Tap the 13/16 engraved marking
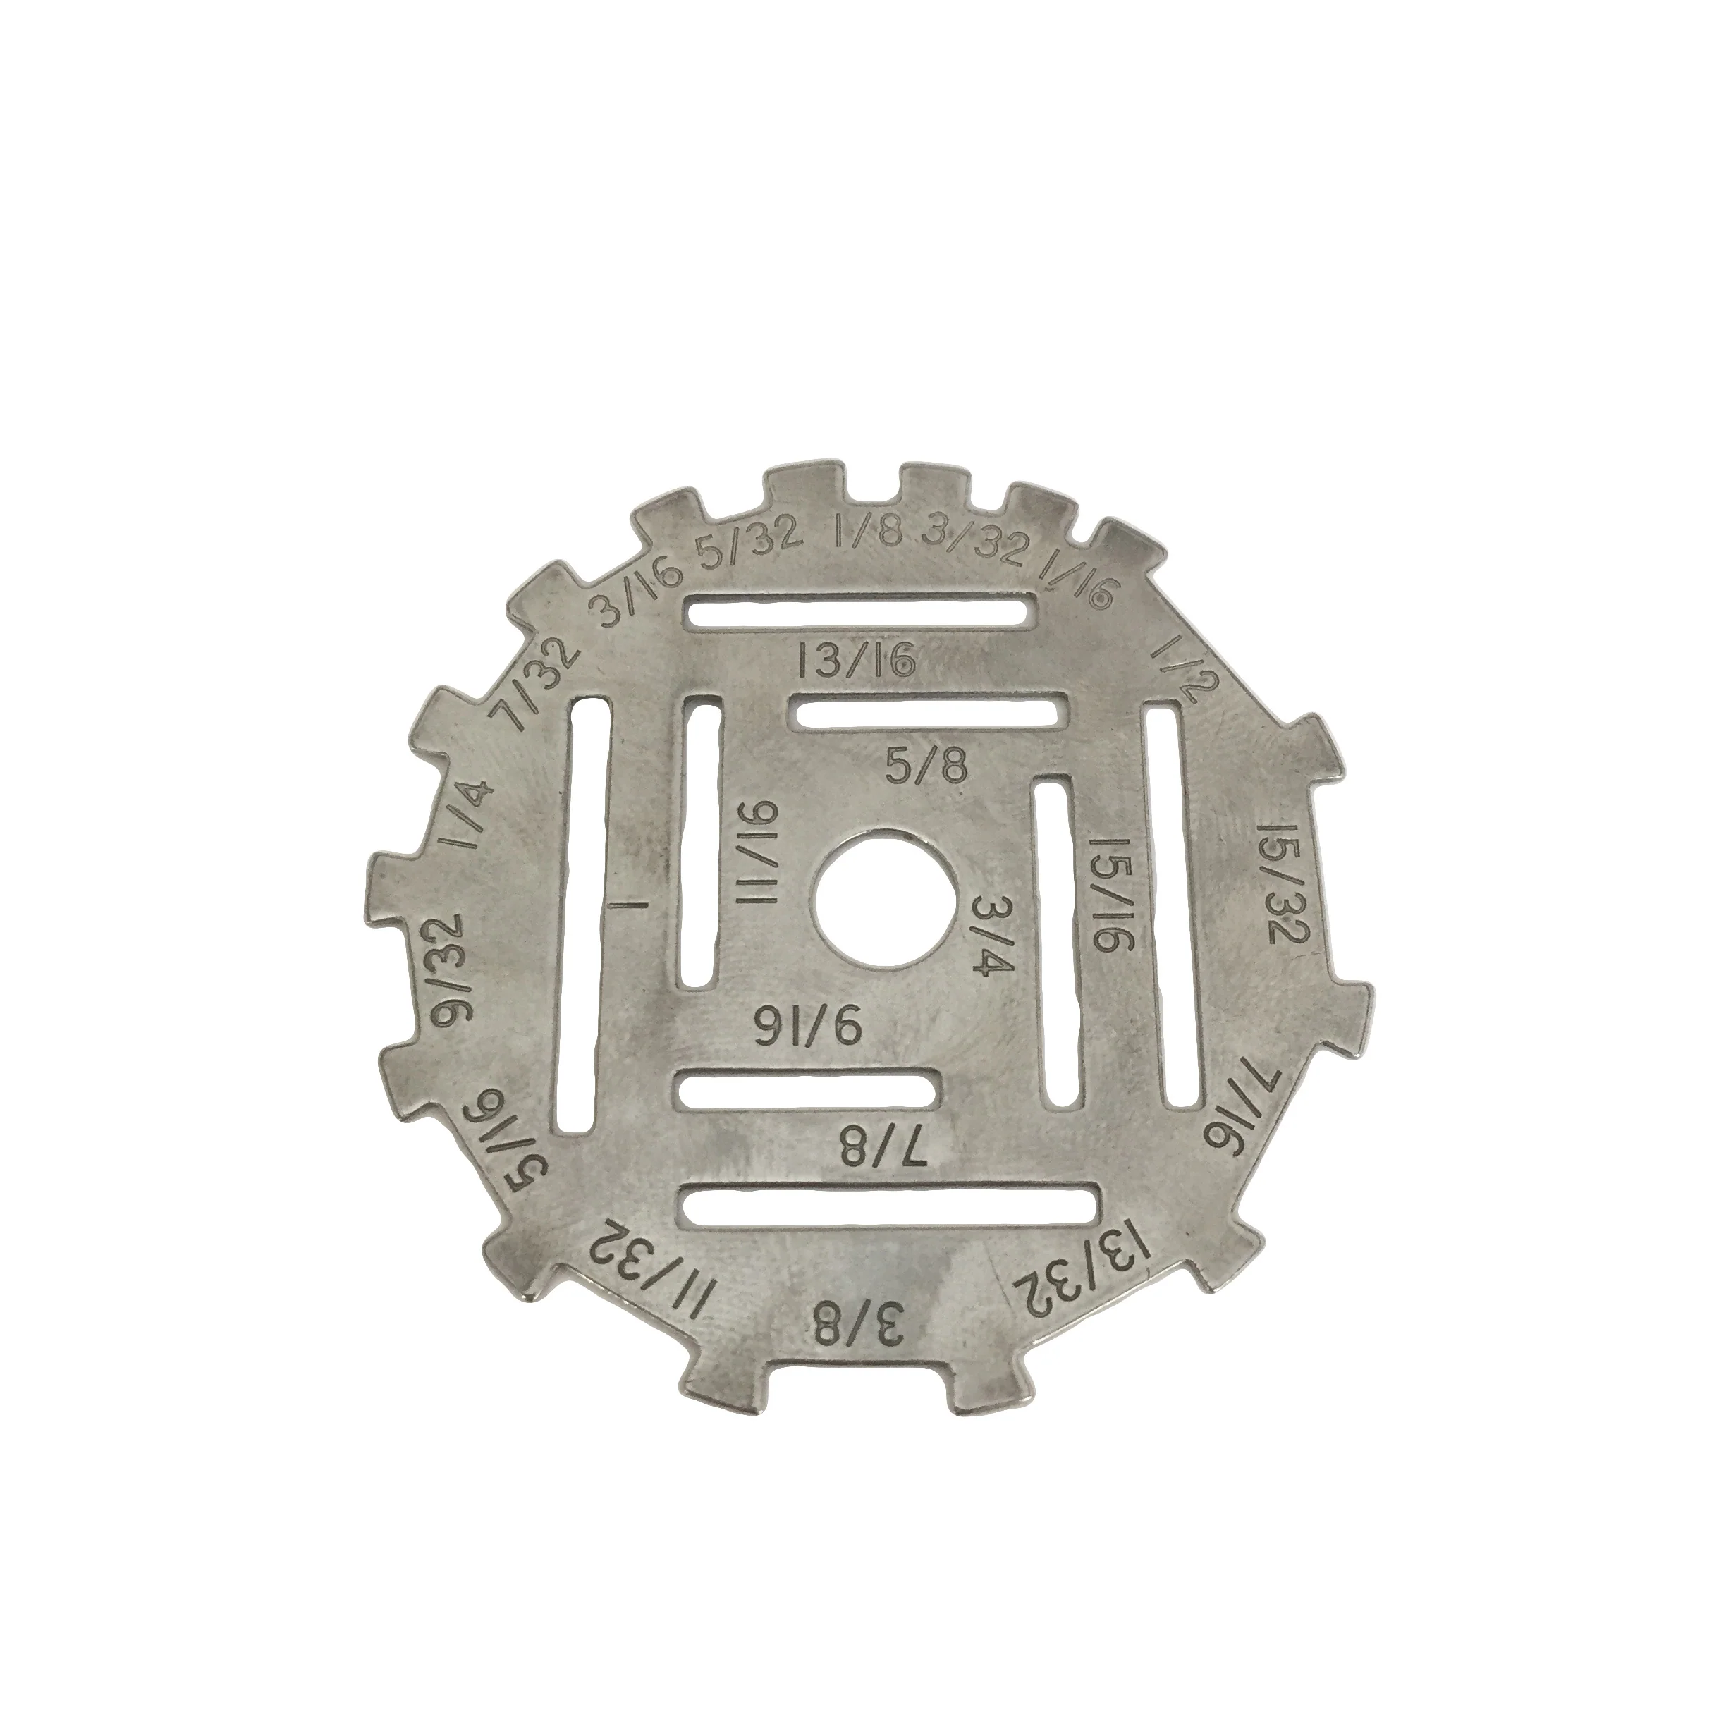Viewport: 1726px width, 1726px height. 857,662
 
